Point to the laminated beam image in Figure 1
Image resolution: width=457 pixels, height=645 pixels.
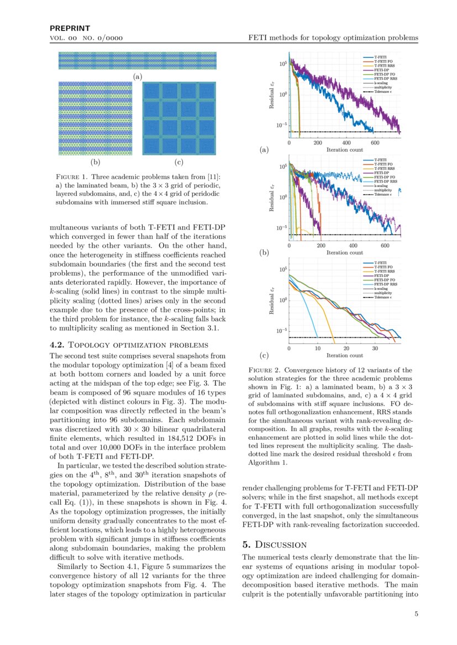tap(138, 61)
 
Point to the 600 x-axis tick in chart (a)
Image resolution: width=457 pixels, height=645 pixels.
tap(375, 142)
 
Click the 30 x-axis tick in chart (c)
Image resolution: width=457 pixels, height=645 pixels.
tap(375, 348)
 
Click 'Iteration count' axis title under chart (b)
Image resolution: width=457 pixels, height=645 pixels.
tap(344, 253)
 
